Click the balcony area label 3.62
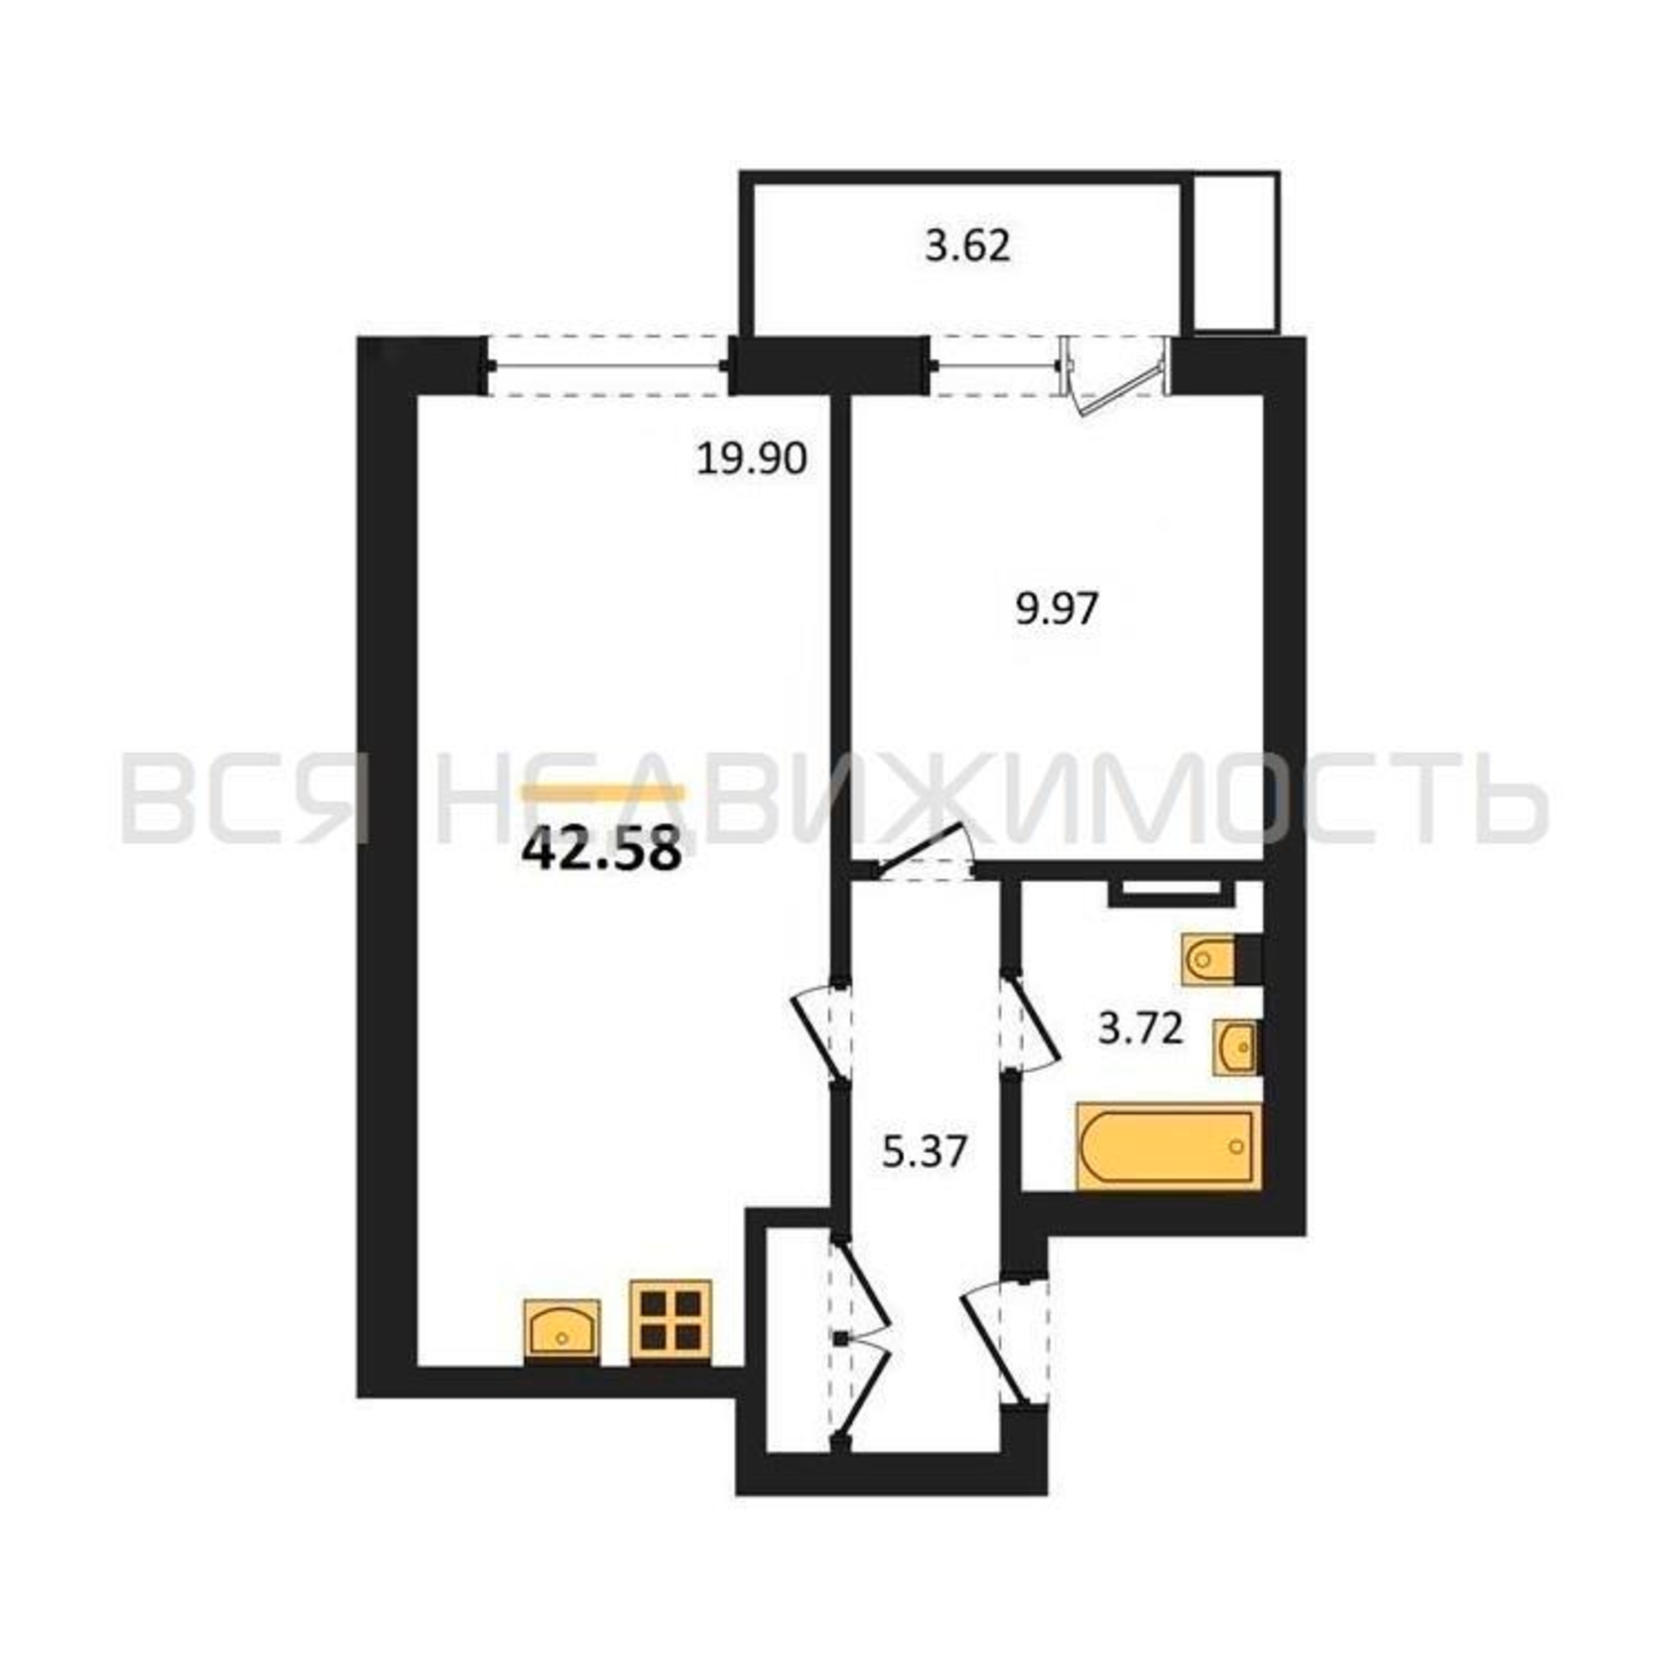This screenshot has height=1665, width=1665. tap(967, 247)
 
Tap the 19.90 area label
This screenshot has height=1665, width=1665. tap(752, 460)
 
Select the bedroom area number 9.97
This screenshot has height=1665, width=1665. tap(1056, 610)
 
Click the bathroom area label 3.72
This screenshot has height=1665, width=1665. tap(1141, 1029)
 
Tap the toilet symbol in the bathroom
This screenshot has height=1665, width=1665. tap(1210, 957)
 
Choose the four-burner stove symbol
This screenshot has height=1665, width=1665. tap(670, 1321)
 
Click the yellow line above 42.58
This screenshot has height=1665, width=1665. tap(606, 793)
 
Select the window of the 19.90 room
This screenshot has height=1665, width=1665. tap(609, 366)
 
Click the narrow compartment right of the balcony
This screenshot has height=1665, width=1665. tap(1234, 251)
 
